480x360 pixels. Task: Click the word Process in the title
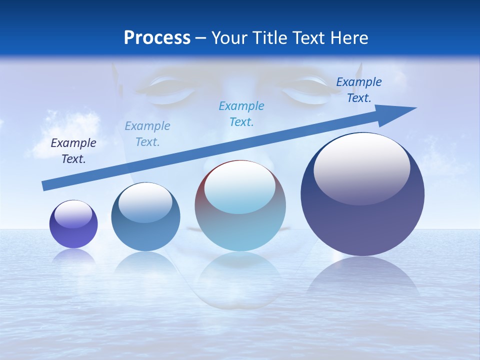pyautogui.click(x=157, y=38)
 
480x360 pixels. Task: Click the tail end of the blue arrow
pyautogui.click(x=46, y=185)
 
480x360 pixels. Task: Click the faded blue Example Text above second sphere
pyautogui.click(x=147, y=133)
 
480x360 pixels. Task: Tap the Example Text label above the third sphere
pyautogui.click(x=241, y=113)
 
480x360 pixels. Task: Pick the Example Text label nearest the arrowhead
pyautogui.click(x=358, y=90)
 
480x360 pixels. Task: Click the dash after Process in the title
pyautogui.click(x=201, y=38)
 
